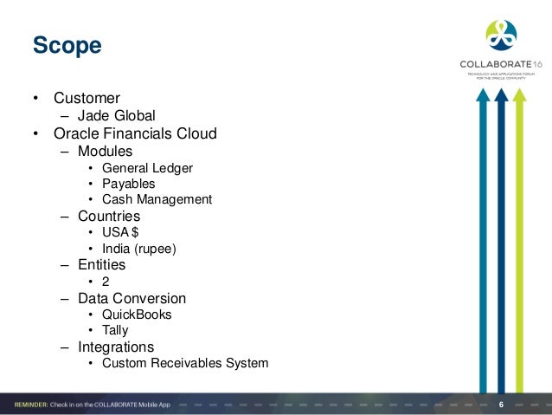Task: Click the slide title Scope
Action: tap(67, 44)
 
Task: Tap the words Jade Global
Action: tap(116, 114)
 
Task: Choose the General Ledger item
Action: tap(147, 168)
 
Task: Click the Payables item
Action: tap(128, 184)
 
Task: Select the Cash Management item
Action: tap(157, 199)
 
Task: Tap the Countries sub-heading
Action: tap(108, 216)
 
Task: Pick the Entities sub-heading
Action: tap(101, 265)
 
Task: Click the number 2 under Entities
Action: tap(106, 282)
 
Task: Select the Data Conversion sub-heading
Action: tap(132, 298)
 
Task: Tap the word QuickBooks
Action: tap(137, 314)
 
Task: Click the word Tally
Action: tap(115, 330)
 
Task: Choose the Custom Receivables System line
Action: tap(184, 363)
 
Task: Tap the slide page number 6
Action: tap(503, 405)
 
